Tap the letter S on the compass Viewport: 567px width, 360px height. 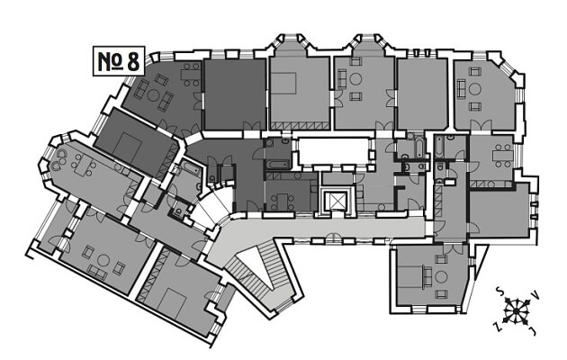pyautogui.click(x=498, y=292)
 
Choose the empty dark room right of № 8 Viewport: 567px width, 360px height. pyautogui.click(x=234, y=90)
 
